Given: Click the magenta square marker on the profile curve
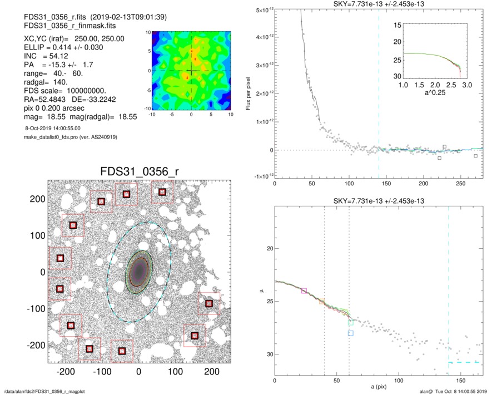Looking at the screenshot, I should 304,290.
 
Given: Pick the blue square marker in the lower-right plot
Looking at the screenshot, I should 351,333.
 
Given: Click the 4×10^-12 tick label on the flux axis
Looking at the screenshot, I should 260,37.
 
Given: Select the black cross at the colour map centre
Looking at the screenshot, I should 191,71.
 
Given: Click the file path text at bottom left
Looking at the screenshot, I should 44,391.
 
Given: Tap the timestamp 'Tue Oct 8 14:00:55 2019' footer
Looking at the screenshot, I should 454,391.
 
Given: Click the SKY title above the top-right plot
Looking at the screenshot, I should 379,5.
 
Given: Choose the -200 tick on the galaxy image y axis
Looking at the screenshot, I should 38,345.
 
